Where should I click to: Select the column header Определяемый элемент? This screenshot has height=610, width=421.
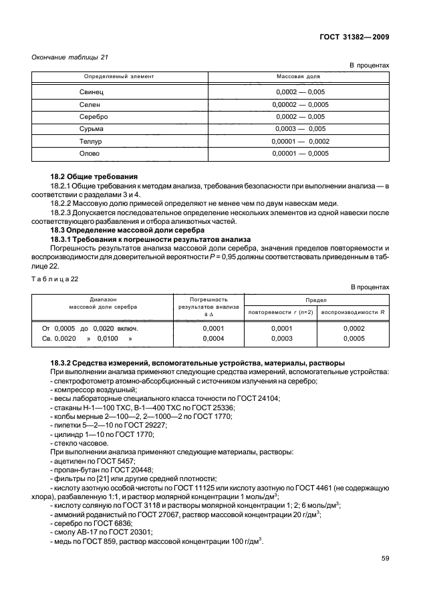[x=118, y=77]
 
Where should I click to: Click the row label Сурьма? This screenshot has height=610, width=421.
[x=93, y=128]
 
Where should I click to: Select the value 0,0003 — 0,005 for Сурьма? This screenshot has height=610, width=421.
[x=300, y=128]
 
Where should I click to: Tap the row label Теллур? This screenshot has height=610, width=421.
[x=92, y=141]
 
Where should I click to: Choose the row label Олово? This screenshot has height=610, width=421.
[x=91, y=154]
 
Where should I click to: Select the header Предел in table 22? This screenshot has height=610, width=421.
[x=317, y=301]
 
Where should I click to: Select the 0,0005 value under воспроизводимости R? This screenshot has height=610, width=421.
[x=354, y=339]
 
